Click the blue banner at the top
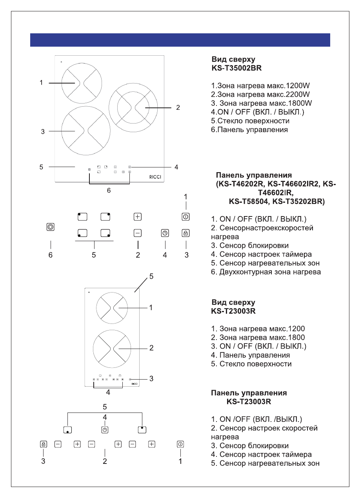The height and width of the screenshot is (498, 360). [x=180, y=40]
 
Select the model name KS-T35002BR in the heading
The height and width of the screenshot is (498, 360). [x=236, y=68]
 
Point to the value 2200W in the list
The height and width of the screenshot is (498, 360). [x=298, y=95]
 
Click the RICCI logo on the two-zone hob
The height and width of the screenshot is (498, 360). [x=135, y=383]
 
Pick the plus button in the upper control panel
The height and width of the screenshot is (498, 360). [x=138, y=216]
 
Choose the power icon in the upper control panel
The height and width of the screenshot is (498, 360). [x=185, y=216]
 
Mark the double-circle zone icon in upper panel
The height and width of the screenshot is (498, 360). [x=51, y=227]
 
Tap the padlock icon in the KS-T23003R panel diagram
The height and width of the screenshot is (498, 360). [x=44, y=444]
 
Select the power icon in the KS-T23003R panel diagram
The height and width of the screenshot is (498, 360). [x=180, y=444]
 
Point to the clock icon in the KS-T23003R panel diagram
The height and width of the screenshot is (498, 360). [x=105, y=430]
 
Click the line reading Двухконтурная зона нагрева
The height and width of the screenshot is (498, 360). [x=266, y=272]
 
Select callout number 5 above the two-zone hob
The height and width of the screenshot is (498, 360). [x=151, y=277]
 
